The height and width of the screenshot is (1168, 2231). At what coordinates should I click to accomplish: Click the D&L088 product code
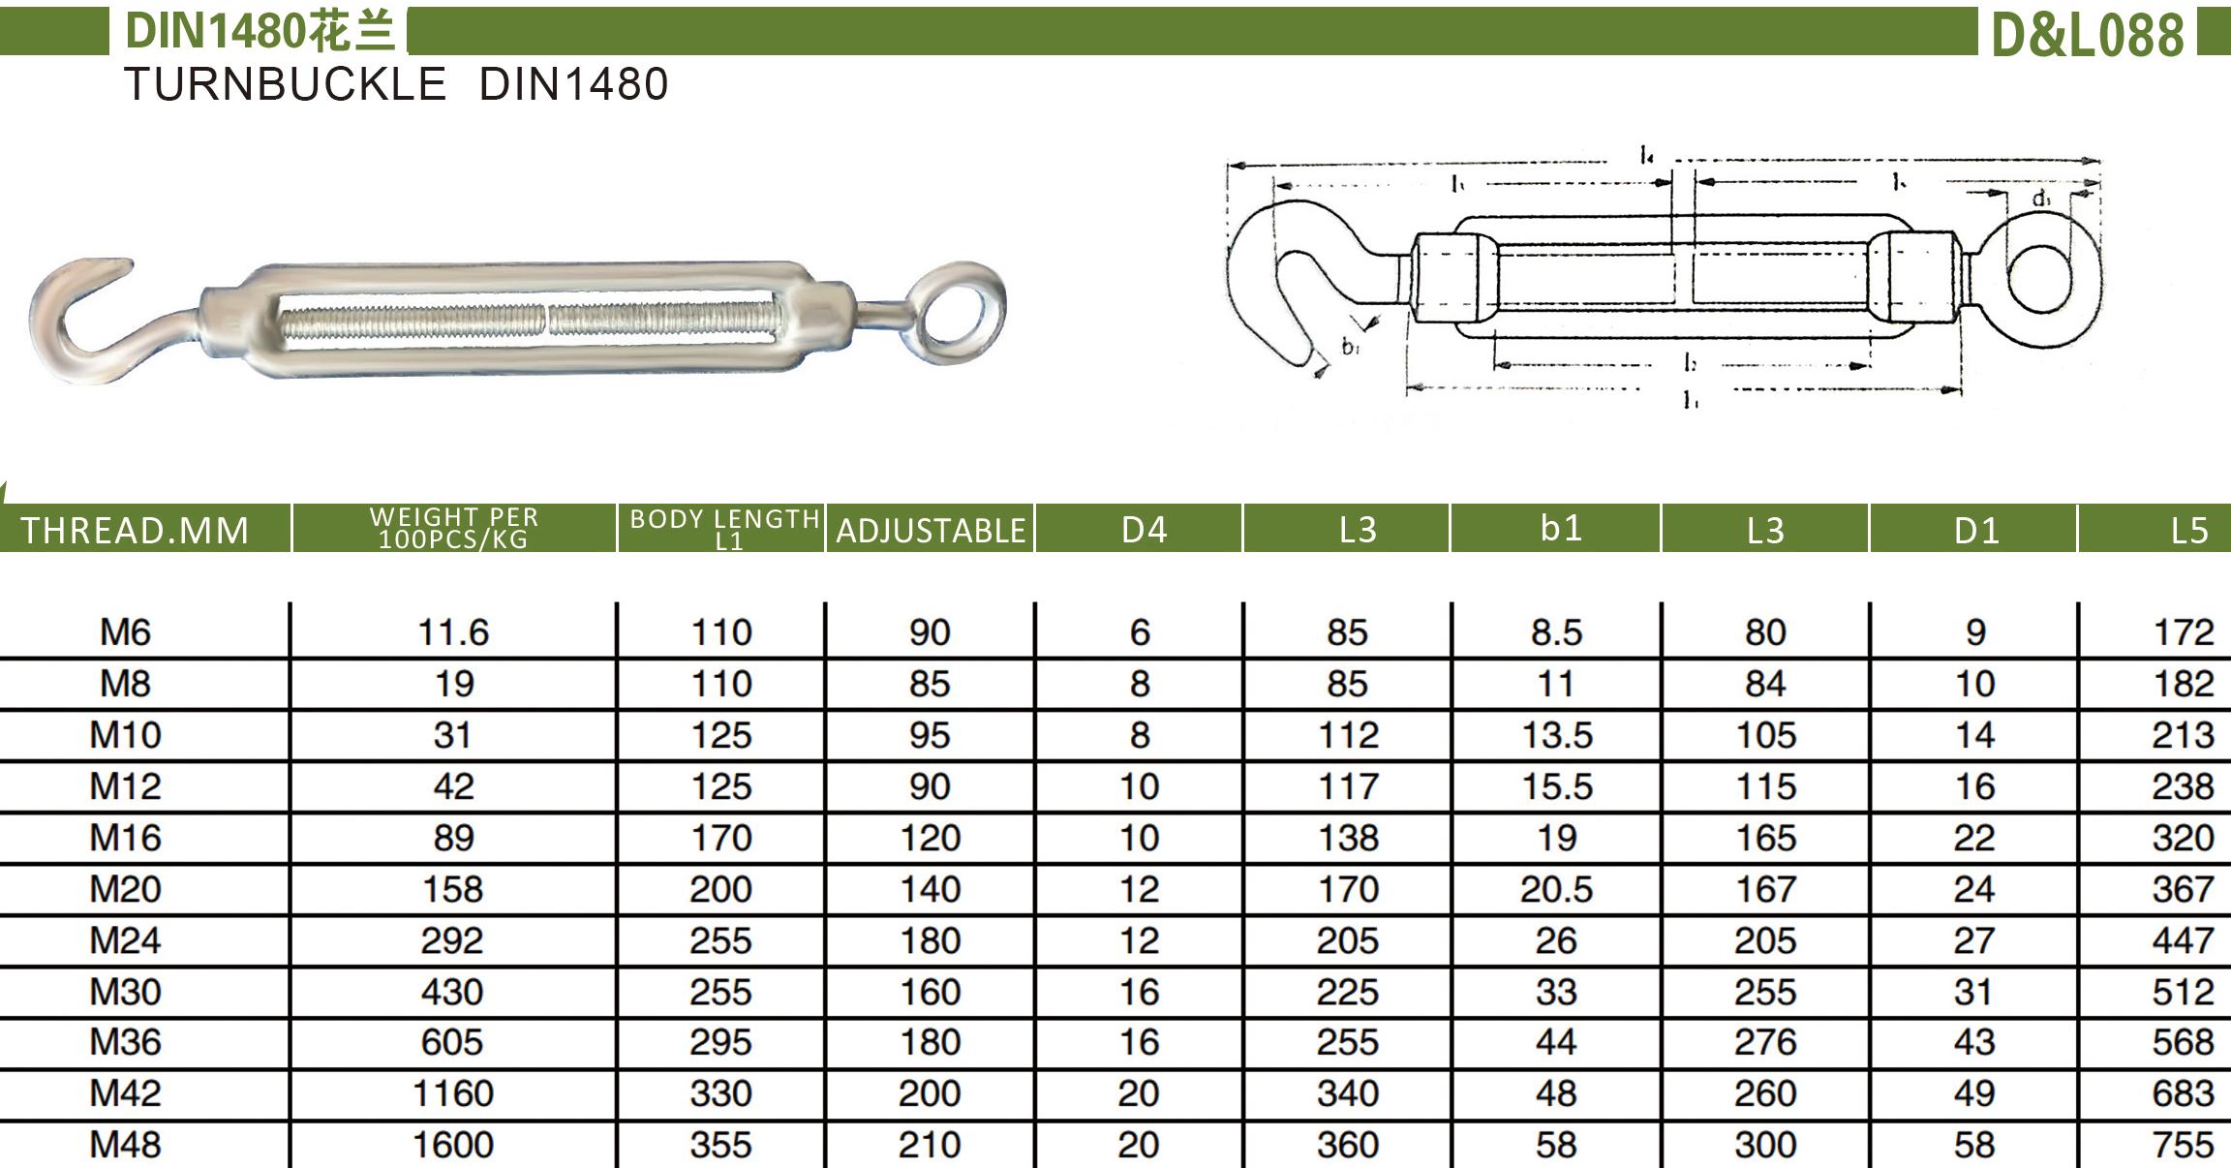(2087, 35)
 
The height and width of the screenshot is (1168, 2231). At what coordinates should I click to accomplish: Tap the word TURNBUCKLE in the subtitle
(286, 84)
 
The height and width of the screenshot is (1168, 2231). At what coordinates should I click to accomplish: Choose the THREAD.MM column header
(136, 531)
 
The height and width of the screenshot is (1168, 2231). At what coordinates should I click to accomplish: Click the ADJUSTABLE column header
(931, 531)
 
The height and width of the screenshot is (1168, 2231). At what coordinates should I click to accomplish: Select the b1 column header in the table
(1561, 528)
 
